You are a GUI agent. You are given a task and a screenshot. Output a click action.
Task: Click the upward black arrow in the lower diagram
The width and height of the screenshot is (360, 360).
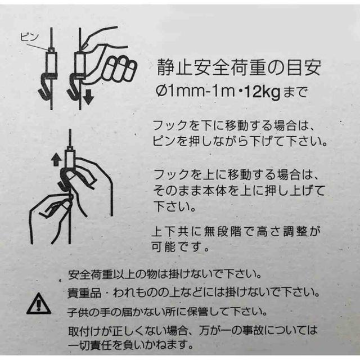(x=55, y=159)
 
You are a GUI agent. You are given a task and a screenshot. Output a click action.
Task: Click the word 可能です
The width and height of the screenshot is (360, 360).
(x=179, y=246)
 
